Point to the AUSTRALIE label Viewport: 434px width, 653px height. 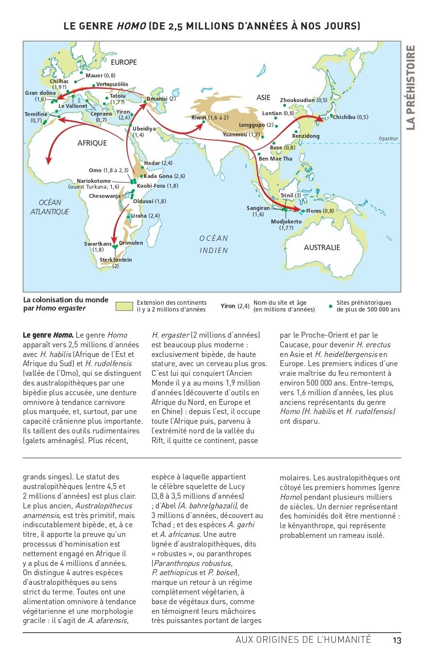point(322,247)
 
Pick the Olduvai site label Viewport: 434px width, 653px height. point(149,201)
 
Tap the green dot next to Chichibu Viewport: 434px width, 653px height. point(331,116)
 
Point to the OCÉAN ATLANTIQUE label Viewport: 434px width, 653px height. point(50,207)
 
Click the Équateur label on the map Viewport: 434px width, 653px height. point(388,139)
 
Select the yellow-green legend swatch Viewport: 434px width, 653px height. point(124,306)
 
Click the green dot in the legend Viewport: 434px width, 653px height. point(330,306)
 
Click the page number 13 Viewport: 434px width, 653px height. point(397,640)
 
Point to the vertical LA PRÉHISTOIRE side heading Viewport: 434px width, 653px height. point(410,87)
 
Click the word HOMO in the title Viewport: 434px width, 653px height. point(131,26)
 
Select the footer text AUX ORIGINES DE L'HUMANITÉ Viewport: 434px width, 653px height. point(303,639)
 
